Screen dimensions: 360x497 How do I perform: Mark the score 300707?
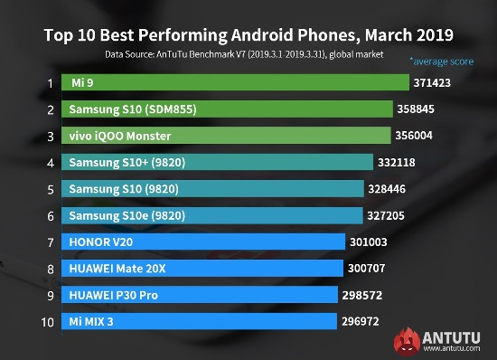pos(369,269)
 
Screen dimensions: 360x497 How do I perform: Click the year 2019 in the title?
pos(430,36)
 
